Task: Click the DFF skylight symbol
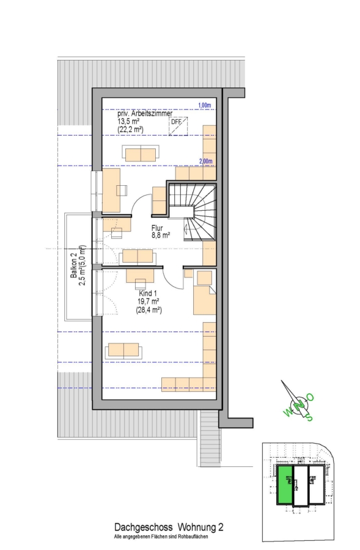[x=178, y=127]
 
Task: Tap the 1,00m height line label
[x=205, y=105]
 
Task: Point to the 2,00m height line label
[x=205, y=161]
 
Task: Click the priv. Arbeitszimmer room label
[x=145, y=114]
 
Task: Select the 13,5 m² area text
[x=129, y=122]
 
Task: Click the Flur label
[x=157, y=228]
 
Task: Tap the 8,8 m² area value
[x=161, y=235]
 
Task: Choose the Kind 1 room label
[x=148, y=293]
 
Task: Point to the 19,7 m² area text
[x=149, y=302]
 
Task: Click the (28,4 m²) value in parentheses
[x=149, y=310]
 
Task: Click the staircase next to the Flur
[x=192, y=212]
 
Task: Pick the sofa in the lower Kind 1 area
[x=124, y=351]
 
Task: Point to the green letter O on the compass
[x=310, y=397]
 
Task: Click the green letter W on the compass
[x=287, y=413]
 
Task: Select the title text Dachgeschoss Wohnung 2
[x=169, y=527]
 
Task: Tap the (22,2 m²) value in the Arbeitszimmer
[x=131, y=130]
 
